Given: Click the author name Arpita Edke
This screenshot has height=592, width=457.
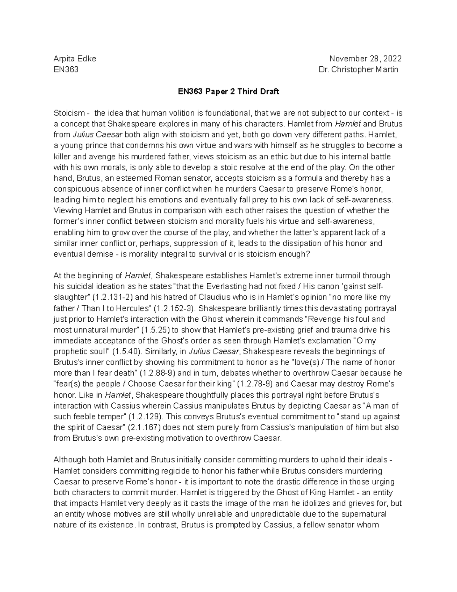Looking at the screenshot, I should pyautogui.click(x=75, y=59).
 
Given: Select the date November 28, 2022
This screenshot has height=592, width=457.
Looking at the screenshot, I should pyautogui.click(x=365, y=59).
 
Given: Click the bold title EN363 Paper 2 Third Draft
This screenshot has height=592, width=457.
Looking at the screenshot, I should pyautogui.click(x=228, y=91).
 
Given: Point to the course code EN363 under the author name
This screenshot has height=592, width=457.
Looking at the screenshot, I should pyautogui.click(x=66, y=69).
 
